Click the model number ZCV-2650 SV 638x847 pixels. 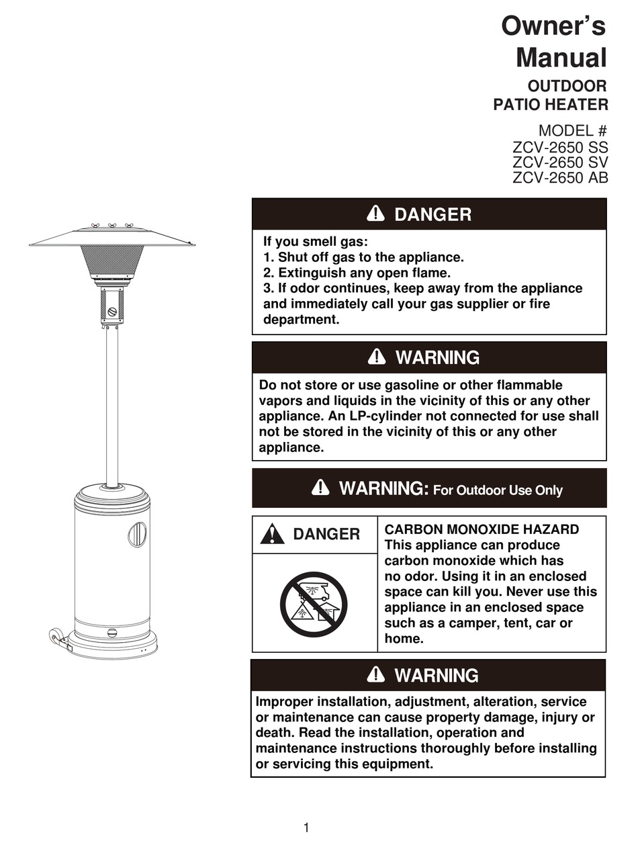[x=560, y=162]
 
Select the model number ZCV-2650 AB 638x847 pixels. [x=560, y=178]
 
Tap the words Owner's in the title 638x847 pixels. [x=553, y=27]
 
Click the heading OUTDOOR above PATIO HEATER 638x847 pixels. [x=567, y=87]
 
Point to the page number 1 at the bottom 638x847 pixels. [x=306, y=828]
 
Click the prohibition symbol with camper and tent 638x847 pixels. [x=314, y=605]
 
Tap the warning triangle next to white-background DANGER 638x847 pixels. [x=272, y=534]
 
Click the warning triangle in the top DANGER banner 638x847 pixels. [x=376, y=214]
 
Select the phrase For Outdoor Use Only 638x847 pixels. [x=498, y=490]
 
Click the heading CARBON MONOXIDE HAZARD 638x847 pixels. [x=482, y=529]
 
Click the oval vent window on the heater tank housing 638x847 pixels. [x=136, y=534]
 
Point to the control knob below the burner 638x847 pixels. [x=112, y=312]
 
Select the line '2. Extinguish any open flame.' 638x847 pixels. [x=356, y=273]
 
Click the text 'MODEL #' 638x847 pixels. [x=572, y=131]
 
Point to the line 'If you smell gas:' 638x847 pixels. [x=316, y=242]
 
